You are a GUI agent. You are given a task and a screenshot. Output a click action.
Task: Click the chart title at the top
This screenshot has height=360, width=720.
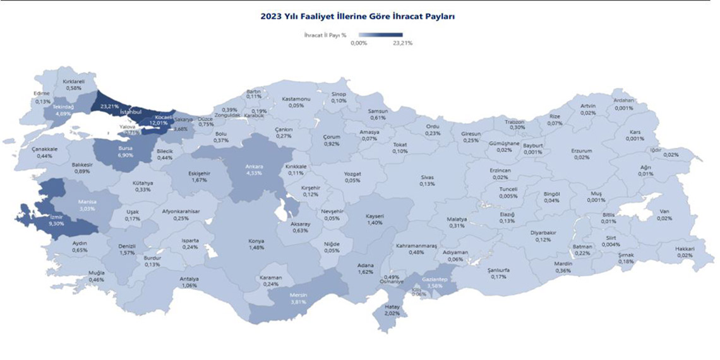(x=357, y=16)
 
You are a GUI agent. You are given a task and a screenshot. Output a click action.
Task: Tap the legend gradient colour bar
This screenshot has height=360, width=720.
(x=380, y=35)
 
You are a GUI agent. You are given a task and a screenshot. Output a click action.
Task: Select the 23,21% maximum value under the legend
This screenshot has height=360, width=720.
(x=402, y=43)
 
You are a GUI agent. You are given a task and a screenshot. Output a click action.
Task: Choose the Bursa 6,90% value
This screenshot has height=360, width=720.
(x=125, y=154)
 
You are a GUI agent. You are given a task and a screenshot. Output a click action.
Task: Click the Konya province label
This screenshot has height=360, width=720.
(x=257, y=241)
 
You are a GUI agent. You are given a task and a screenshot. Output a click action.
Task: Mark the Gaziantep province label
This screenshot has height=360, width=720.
(x=435, y=279)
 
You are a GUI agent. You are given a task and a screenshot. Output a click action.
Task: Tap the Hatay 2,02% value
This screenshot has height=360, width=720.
(x=392, y=313)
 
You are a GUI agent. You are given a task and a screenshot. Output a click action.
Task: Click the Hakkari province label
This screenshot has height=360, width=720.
(x=685, y=248)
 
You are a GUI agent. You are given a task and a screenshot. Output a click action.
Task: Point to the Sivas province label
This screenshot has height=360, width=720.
(x=428, y=177)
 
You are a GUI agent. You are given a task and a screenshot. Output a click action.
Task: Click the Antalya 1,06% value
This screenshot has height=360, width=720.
(x=189, y=286)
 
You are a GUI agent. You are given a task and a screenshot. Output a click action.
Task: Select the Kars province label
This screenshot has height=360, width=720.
(x=635, y=132)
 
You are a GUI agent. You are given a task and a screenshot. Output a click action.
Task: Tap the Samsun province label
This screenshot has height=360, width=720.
(x=378, y=111)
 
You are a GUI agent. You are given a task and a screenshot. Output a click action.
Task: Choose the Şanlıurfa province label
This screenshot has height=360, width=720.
(x=499, y=270)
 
